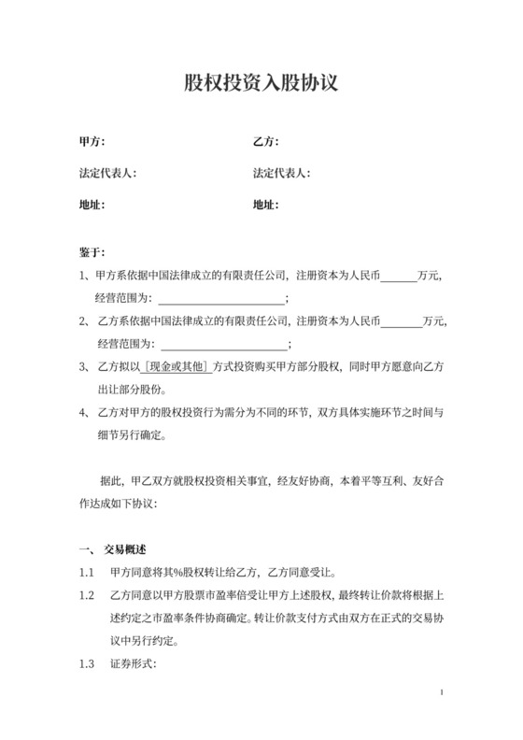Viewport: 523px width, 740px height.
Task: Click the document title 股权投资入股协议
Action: [x=261, y=84]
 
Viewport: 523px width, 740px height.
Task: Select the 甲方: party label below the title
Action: [x=92, y=142]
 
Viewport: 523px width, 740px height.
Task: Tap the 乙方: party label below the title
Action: [x=266, y=142]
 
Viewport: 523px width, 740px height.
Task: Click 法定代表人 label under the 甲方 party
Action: [x=108, y=173]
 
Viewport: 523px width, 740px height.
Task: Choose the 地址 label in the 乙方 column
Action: [x=266, y=204]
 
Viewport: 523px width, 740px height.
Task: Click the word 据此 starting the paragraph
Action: [x=110, y=482]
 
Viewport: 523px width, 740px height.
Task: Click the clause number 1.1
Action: [x=88, y=572]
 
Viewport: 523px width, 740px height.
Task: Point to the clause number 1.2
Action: [x=88, y=595]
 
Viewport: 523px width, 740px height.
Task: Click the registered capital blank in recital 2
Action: [x=402, y=321]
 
